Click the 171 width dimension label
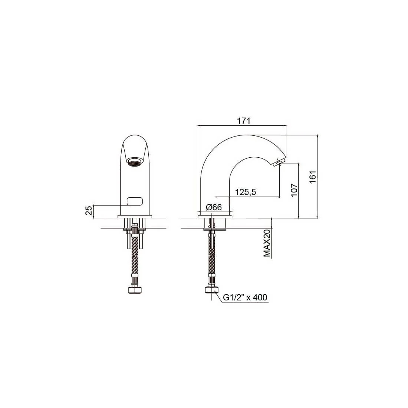244,121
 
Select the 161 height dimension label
313,177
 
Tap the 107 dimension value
294,190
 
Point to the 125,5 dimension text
246,192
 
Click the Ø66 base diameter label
214,207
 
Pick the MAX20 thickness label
267,243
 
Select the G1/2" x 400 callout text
245,297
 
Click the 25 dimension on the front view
89,210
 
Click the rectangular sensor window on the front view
135,201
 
